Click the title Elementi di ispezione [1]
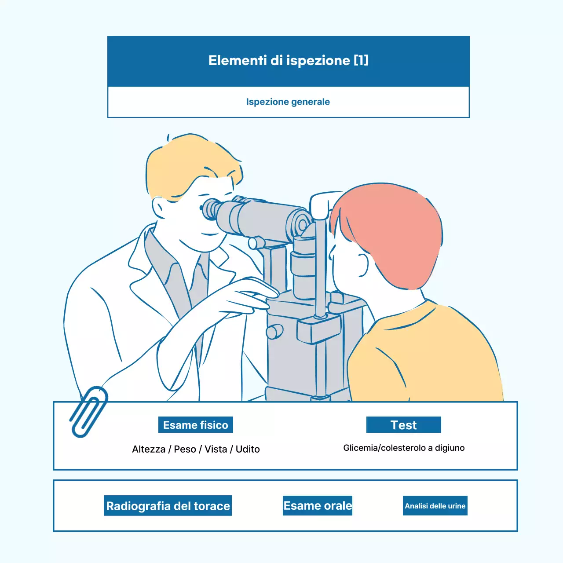tap(288, 60)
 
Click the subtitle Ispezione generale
tap(288, 102)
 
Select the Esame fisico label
tap(196, 425)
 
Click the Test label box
tap(403, 425)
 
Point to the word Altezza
tap(149, 449)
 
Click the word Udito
tap(248, 449)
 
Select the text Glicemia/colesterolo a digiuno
tap(404, 448)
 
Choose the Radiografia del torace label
tap(168, 506)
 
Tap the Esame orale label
tap(318, 506)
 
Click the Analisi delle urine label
tap(435, 506)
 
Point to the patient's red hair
tap(391, 229)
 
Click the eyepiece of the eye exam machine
tap(210, 209)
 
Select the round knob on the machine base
tap(275, 332)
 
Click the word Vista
tap(216, 449)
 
